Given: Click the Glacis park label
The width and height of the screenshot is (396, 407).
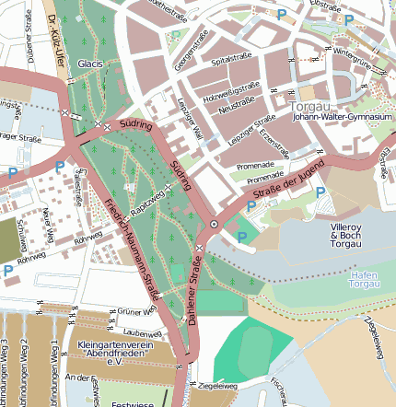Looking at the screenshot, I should (x=89, y=64).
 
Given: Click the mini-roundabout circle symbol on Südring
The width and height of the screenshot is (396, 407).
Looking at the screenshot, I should (x=215, y=224).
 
